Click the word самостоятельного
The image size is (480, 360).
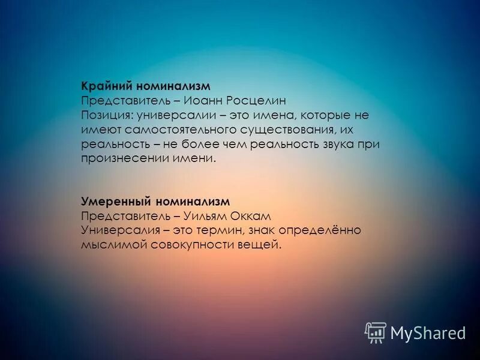174,130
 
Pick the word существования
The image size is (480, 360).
275,130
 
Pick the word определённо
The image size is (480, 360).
325,230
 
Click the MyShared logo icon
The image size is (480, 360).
376,332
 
